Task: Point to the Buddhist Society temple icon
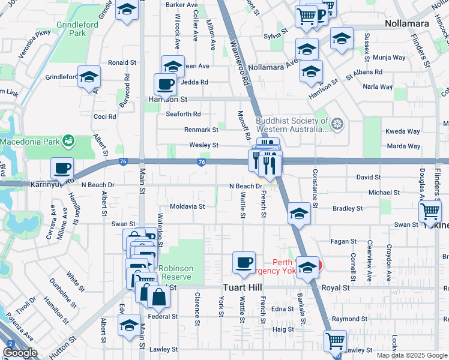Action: point(337,124)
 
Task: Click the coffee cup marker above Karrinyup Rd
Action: point(62,169)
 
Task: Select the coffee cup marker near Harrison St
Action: point(165,84)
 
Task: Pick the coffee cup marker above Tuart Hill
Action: point(244,262)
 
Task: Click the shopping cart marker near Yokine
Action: point(430,211)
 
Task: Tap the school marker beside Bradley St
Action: point(298,214)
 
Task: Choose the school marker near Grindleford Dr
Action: point(89,77)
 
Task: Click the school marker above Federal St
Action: point(129,325)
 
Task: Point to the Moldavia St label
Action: point(187,206)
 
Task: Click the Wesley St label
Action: point(203,145)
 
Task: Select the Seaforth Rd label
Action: point(183,114)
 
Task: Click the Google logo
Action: point(20,353)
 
